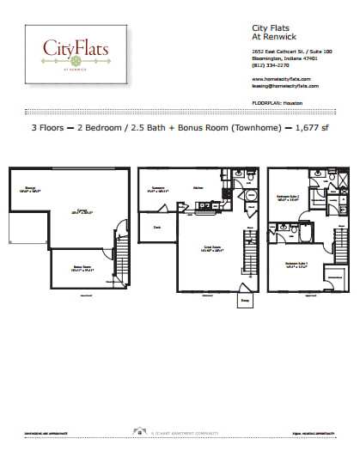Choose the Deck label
pyautogui.click(x=157, y=228)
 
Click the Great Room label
pyautogui.click(x=210, y=249)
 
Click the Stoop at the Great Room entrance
pyautogui.click(x=245, y=302)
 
